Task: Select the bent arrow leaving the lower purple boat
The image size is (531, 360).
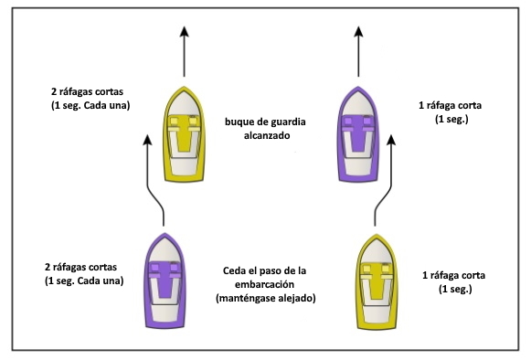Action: [x=157, y=178]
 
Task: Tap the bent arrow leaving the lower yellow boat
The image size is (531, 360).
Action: [x=384, y=178]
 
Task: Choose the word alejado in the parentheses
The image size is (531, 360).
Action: [x=292, y=298]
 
